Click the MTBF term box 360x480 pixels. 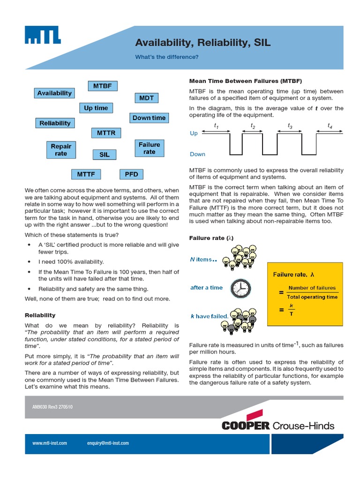point(103,86)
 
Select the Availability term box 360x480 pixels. point(54,93)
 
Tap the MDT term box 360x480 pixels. point(146,98)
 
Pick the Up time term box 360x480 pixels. point(96,108)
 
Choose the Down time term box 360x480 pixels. point(149,118)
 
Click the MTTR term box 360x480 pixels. point(106,133)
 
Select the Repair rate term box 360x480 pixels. point(61,150)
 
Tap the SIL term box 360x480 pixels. point(104,154)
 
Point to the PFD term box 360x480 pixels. point(131,174)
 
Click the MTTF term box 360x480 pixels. point(86,174)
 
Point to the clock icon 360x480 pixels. point(241,288)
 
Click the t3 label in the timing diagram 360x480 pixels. point(290,126)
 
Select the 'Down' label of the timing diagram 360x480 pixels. point(197,154)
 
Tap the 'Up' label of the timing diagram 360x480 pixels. point(194,134)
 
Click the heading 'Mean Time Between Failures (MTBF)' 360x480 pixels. point(245,81)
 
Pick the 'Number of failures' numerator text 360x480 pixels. point(312,288)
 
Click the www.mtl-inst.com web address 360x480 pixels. point(50,443)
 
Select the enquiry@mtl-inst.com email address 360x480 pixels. point(108,443)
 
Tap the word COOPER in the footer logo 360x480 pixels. point(246,426)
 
